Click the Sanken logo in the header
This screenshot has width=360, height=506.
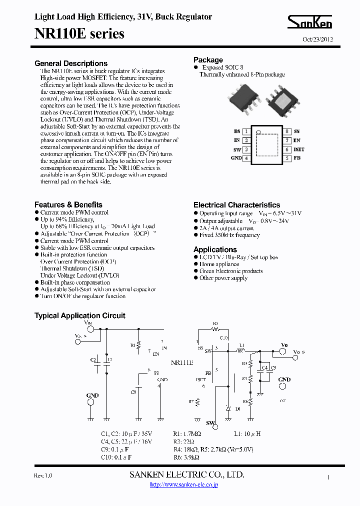point(309,22)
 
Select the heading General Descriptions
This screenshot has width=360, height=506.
point(71,63)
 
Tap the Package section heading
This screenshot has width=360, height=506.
point(208,60)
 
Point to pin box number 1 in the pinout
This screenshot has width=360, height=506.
point(246,131)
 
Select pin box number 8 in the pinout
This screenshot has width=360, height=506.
point(287,131)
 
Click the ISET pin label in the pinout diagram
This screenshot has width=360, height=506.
point(298,149)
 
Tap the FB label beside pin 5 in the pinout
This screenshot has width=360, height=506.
point(297,158)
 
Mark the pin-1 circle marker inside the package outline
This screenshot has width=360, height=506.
point(258,133)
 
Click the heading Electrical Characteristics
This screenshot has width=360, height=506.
point(236,205)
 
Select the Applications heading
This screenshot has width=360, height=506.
point(215,249)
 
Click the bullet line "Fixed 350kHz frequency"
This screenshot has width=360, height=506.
point(229,235)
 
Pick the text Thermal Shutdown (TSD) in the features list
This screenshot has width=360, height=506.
point(72,268)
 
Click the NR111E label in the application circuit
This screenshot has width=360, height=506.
point(182,363)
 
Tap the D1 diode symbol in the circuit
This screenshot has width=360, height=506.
point(228,408)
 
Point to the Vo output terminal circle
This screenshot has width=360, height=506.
point(282,351)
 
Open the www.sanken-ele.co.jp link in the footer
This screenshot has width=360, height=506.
point(184,484)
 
